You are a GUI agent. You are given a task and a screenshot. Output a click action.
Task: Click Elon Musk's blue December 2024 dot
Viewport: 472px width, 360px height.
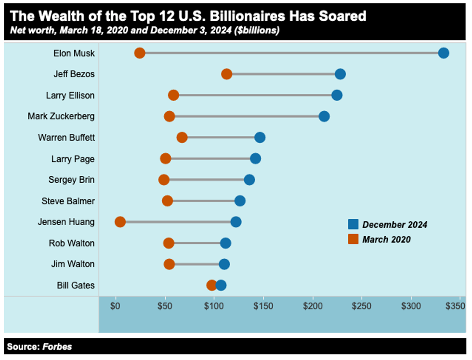coord(444,53)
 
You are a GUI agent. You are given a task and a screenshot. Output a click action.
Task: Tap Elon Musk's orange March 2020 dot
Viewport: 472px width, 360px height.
coord(140,53)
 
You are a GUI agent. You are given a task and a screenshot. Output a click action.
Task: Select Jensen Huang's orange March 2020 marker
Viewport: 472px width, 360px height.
coord(120,222)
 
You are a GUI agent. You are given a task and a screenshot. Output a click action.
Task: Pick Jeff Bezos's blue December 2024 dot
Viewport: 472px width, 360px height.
coord(340,74)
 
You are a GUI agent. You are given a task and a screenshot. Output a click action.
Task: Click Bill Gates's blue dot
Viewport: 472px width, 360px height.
coord(221,285)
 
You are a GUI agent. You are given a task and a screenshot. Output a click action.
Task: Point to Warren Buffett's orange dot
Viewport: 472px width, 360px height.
coord(182,137)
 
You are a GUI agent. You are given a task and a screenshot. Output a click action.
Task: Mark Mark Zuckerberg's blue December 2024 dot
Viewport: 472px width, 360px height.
coord(324,116)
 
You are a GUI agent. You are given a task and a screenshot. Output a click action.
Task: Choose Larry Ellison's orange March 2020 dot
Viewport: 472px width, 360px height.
coord(173,95)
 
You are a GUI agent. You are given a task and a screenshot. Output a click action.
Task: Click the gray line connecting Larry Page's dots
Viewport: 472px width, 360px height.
coord(210,159)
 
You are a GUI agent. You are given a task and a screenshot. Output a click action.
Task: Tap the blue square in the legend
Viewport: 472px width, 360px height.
coord(353,224)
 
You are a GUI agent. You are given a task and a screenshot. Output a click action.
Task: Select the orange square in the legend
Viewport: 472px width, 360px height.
coord(353,239)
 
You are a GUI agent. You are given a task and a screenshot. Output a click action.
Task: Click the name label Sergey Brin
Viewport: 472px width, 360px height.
coord(71,180)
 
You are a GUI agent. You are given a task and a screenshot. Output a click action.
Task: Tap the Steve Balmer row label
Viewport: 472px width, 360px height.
coord(68,201)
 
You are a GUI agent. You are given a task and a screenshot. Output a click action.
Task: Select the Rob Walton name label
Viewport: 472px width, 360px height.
coord(71,243)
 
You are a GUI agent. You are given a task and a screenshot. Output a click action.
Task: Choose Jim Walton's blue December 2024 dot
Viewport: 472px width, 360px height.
coord(224,264)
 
